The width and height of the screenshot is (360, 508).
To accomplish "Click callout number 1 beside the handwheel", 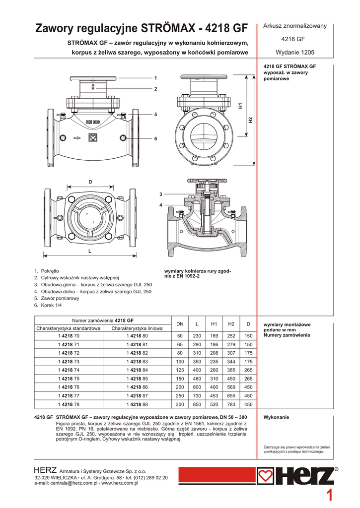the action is [x=156, y=78].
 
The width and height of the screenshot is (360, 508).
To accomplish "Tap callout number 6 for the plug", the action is [x=156, y=139].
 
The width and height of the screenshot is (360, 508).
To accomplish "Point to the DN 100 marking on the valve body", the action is [x=93, y=122].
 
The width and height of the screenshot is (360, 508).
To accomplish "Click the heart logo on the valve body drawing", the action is [x=93, y=138].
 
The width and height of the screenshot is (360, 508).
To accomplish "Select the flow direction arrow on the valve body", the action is [x=77, y=138].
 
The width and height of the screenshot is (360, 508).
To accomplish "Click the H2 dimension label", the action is [x=250, y=120].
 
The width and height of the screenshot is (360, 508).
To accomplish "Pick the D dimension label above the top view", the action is [x=90, y=182].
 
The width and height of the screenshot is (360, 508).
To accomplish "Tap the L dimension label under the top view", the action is [x=90, y=251].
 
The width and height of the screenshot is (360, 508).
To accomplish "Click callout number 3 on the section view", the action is [x=160, y=194].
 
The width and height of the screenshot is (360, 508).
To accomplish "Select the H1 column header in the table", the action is [x=214, y=324].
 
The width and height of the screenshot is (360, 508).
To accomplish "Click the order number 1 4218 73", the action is [x=69, y=362].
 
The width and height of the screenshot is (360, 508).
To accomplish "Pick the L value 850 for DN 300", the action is [x=197, y=404].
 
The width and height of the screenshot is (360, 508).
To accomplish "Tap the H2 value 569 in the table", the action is [x=231, y=387].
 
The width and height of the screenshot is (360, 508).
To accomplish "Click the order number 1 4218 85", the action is [x=137, y=379].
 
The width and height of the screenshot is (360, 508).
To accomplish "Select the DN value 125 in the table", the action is [x=180, y=370].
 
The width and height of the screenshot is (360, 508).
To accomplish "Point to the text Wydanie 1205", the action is [x=295, y=52].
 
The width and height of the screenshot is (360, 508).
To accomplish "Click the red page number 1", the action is [x=329, y=496].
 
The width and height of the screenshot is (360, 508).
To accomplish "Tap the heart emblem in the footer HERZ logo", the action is [x=265, y=476].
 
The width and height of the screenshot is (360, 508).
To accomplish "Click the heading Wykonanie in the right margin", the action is [x=276, y=417].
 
